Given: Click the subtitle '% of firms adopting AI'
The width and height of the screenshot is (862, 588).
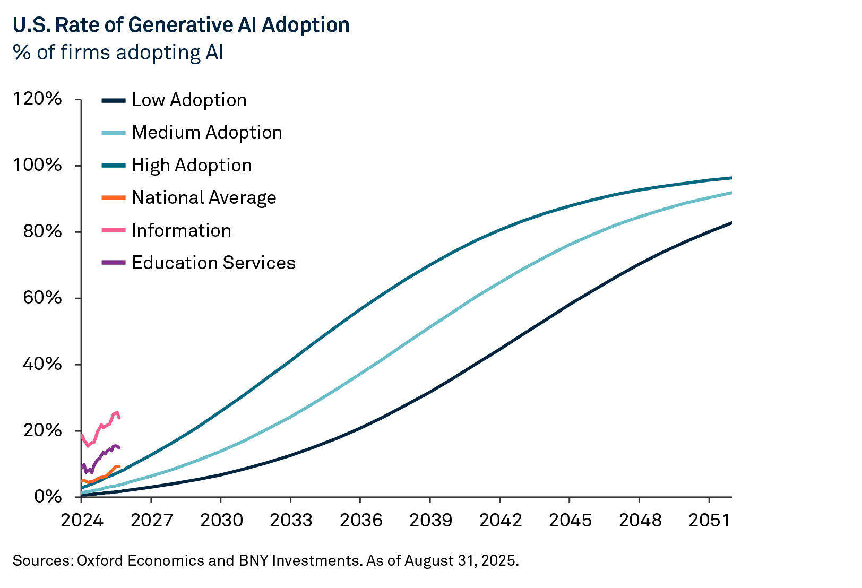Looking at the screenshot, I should pyautogui.click(x=118, y=53).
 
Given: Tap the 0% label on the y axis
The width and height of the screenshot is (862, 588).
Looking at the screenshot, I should pyautogui.click(x=48, y=497).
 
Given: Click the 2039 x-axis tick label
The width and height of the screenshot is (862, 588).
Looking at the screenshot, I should pyautogui.click(x=430, y=520).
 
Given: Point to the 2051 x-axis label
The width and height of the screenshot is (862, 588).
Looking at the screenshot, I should pyautogui.click(x=709, y=520).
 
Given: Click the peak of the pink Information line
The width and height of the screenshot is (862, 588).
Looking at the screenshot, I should pyautogui.click(x=117, y=412).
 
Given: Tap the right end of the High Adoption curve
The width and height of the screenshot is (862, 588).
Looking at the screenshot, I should pyautogui.click(x=731, y=178).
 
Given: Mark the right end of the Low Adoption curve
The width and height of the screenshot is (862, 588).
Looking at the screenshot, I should pyautogui.click(x=731, y=223).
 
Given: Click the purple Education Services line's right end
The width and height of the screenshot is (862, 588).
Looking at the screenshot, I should pyautogui.click(x=119, y=448).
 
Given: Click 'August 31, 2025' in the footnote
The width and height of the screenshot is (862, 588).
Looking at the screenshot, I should pyautogui.click(x=460, y=560).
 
